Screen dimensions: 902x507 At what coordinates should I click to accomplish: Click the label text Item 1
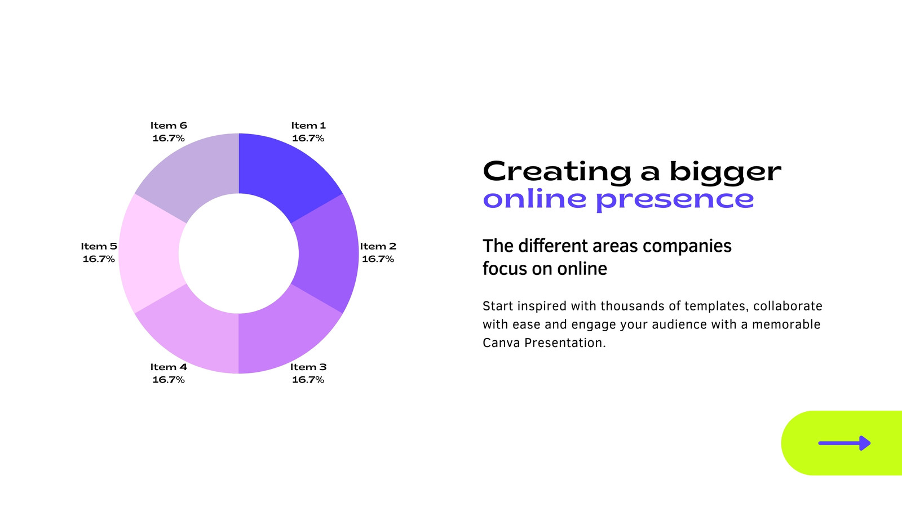point(308,126)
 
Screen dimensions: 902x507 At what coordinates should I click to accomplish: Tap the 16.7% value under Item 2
point(378,259)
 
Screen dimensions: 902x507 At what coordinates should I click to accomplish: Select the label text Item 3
point(308,367)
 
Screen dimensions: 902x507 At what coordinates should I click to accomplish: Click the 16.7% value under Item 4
point(169,380)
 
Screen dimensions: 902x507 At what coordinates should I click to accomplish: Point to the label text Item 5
point(99,246)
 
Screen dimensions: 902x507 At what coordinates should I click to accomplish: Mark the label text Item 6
point(169,126)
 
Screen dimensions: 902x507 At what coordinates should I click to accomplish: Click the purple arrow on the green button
point(844,443)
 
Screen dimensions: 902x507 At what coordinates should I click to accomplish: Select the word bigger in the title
point(726,172)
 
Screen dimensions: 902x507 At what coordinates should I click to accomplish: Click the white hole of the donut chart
point(239,253)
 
